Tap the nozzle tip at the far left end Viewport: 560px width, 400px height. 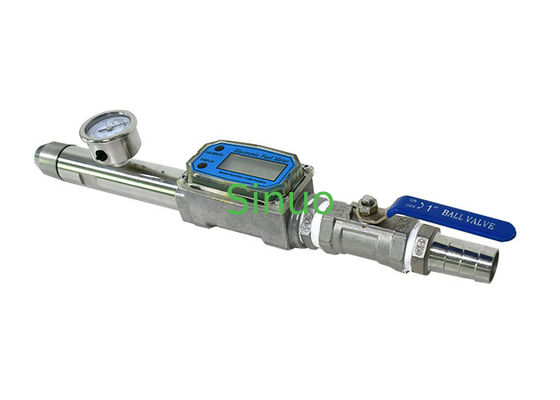pos(43,156)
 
